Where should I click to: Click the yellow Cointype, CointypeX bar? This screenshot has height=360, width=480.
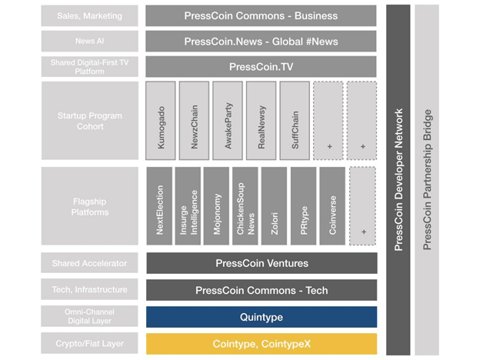(x=262, y=344)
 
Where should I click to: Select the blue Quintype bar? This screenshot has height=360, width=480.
(x=262, y=317)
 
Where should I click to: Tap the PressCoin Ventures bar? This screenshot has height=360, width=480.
(x=262, y=263)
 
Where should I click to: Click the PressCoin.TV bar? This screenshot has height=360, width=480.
(x=262, y=67)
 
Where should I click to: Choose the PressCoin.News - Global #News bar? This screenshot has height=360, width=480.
(x=262, y=42)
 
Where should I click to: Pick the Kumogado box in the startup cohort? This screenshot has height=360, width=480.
(x=161, y=121)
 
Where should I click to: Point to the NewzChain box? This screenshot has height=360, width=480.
(x=194, y=121)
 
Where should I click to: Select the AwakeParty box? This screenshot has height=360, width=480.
(x=228, y=121)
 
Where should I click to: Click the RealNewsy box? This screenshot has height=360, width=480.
(x=261, y=121)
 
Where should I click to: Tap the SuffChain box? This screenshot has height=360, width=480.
(x=295, y=121)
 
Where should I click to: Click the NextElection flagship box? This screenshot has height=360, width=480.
(x=160, y=206)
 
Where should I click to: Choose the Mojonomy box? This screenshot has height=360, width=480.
(x=217, y=206)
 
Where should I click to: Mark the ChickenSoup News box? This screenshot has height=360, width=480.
(x=245, y=206)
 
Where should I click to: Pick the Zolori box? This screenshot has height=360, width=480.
(x=275, y=206)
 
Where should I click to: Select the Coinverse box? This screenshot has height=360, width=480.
(x=332, y=206)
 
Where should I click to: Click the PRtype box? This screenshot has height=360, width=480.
(x=304, y=206)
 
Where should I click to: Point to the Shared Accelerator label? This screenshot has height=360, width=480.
(x=89, y=263)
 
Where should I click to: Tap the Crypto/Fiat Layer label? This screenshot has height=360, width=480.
(x=89, y=344)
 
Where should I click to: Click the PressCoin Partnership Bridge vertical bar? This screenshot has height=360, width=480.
(x=427, y=180)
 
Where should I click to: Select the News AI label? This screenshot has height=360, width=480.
(x=89, y=42)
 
